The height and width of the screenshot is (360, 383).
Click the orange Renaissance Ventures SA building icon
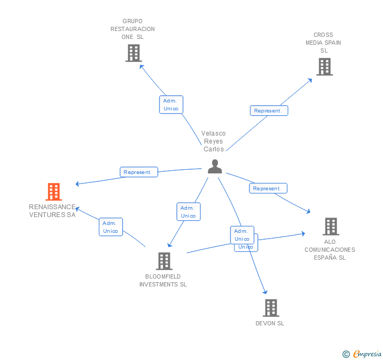click(54, 192)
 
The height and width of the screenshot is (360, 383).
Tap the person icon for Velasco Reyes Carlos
click(215, 167)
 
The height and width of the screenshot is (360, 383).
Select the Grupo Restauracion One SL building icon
click(134, 53)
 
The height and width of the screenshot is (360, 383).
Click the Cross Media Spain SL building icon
click(325, 67)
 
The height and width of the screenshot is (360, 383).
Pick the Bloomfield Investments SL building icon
click(164, 261)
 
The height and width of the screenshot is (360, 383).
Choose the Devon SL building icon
click(270, 308)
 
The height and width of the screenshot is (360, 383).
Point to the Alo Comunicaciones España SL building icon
click(330, 227)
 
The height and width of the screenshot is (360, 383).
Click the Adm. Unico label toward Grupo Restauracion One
click(171, 105)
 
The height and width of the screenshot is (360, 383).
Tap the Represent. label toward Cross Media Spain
click(268, 110)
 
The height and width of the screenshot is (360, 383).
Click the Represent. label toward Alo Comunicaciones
click(267, 188)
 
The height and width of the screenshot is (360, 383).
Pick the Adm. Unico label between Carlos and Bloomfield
click(188, 212)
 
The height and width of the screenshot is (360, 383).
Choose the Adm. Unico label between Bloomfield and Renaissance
click(110, 227)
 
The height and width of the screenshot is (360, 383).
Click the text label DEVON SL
click(270, 323)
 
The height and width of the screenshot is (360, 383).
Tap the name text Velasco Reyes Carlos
click(214, 141)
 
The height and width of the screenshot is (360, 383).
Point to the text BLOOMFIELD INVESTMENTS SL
click(163, 281)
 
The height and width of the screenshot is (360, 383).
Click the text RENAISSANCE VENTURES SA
click(53, 211)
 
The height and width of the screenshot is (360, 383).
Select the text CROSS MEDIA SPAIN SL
click(324, 43)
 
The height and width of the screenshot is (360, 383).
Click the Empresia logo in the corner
click(362, 354)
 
